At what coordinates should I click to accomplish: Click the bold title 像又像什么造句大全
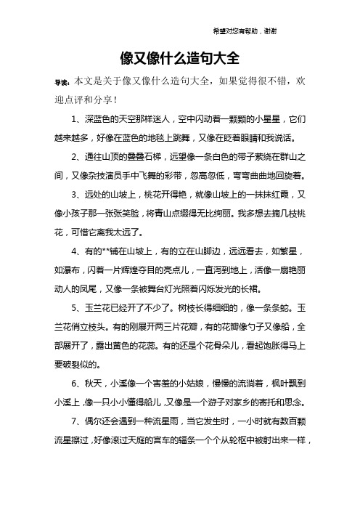coord(179,57)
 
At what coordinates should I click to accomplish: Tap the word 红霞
coord(280,195)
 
